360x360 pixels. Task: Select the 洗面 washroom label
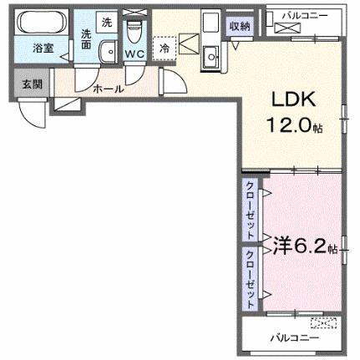[87, 39]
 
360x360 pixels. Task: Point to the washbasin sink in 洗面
[106, 53]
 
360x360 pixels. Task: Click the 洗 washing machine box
[106, 22]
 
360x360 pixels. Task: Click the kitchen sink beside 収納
[210, 57]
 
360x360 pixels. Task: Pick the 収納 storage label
[240, 26]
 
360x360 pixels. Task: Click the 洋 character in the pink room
[277, 247]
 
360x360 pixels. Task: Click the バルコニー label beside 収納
[303, 14]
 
